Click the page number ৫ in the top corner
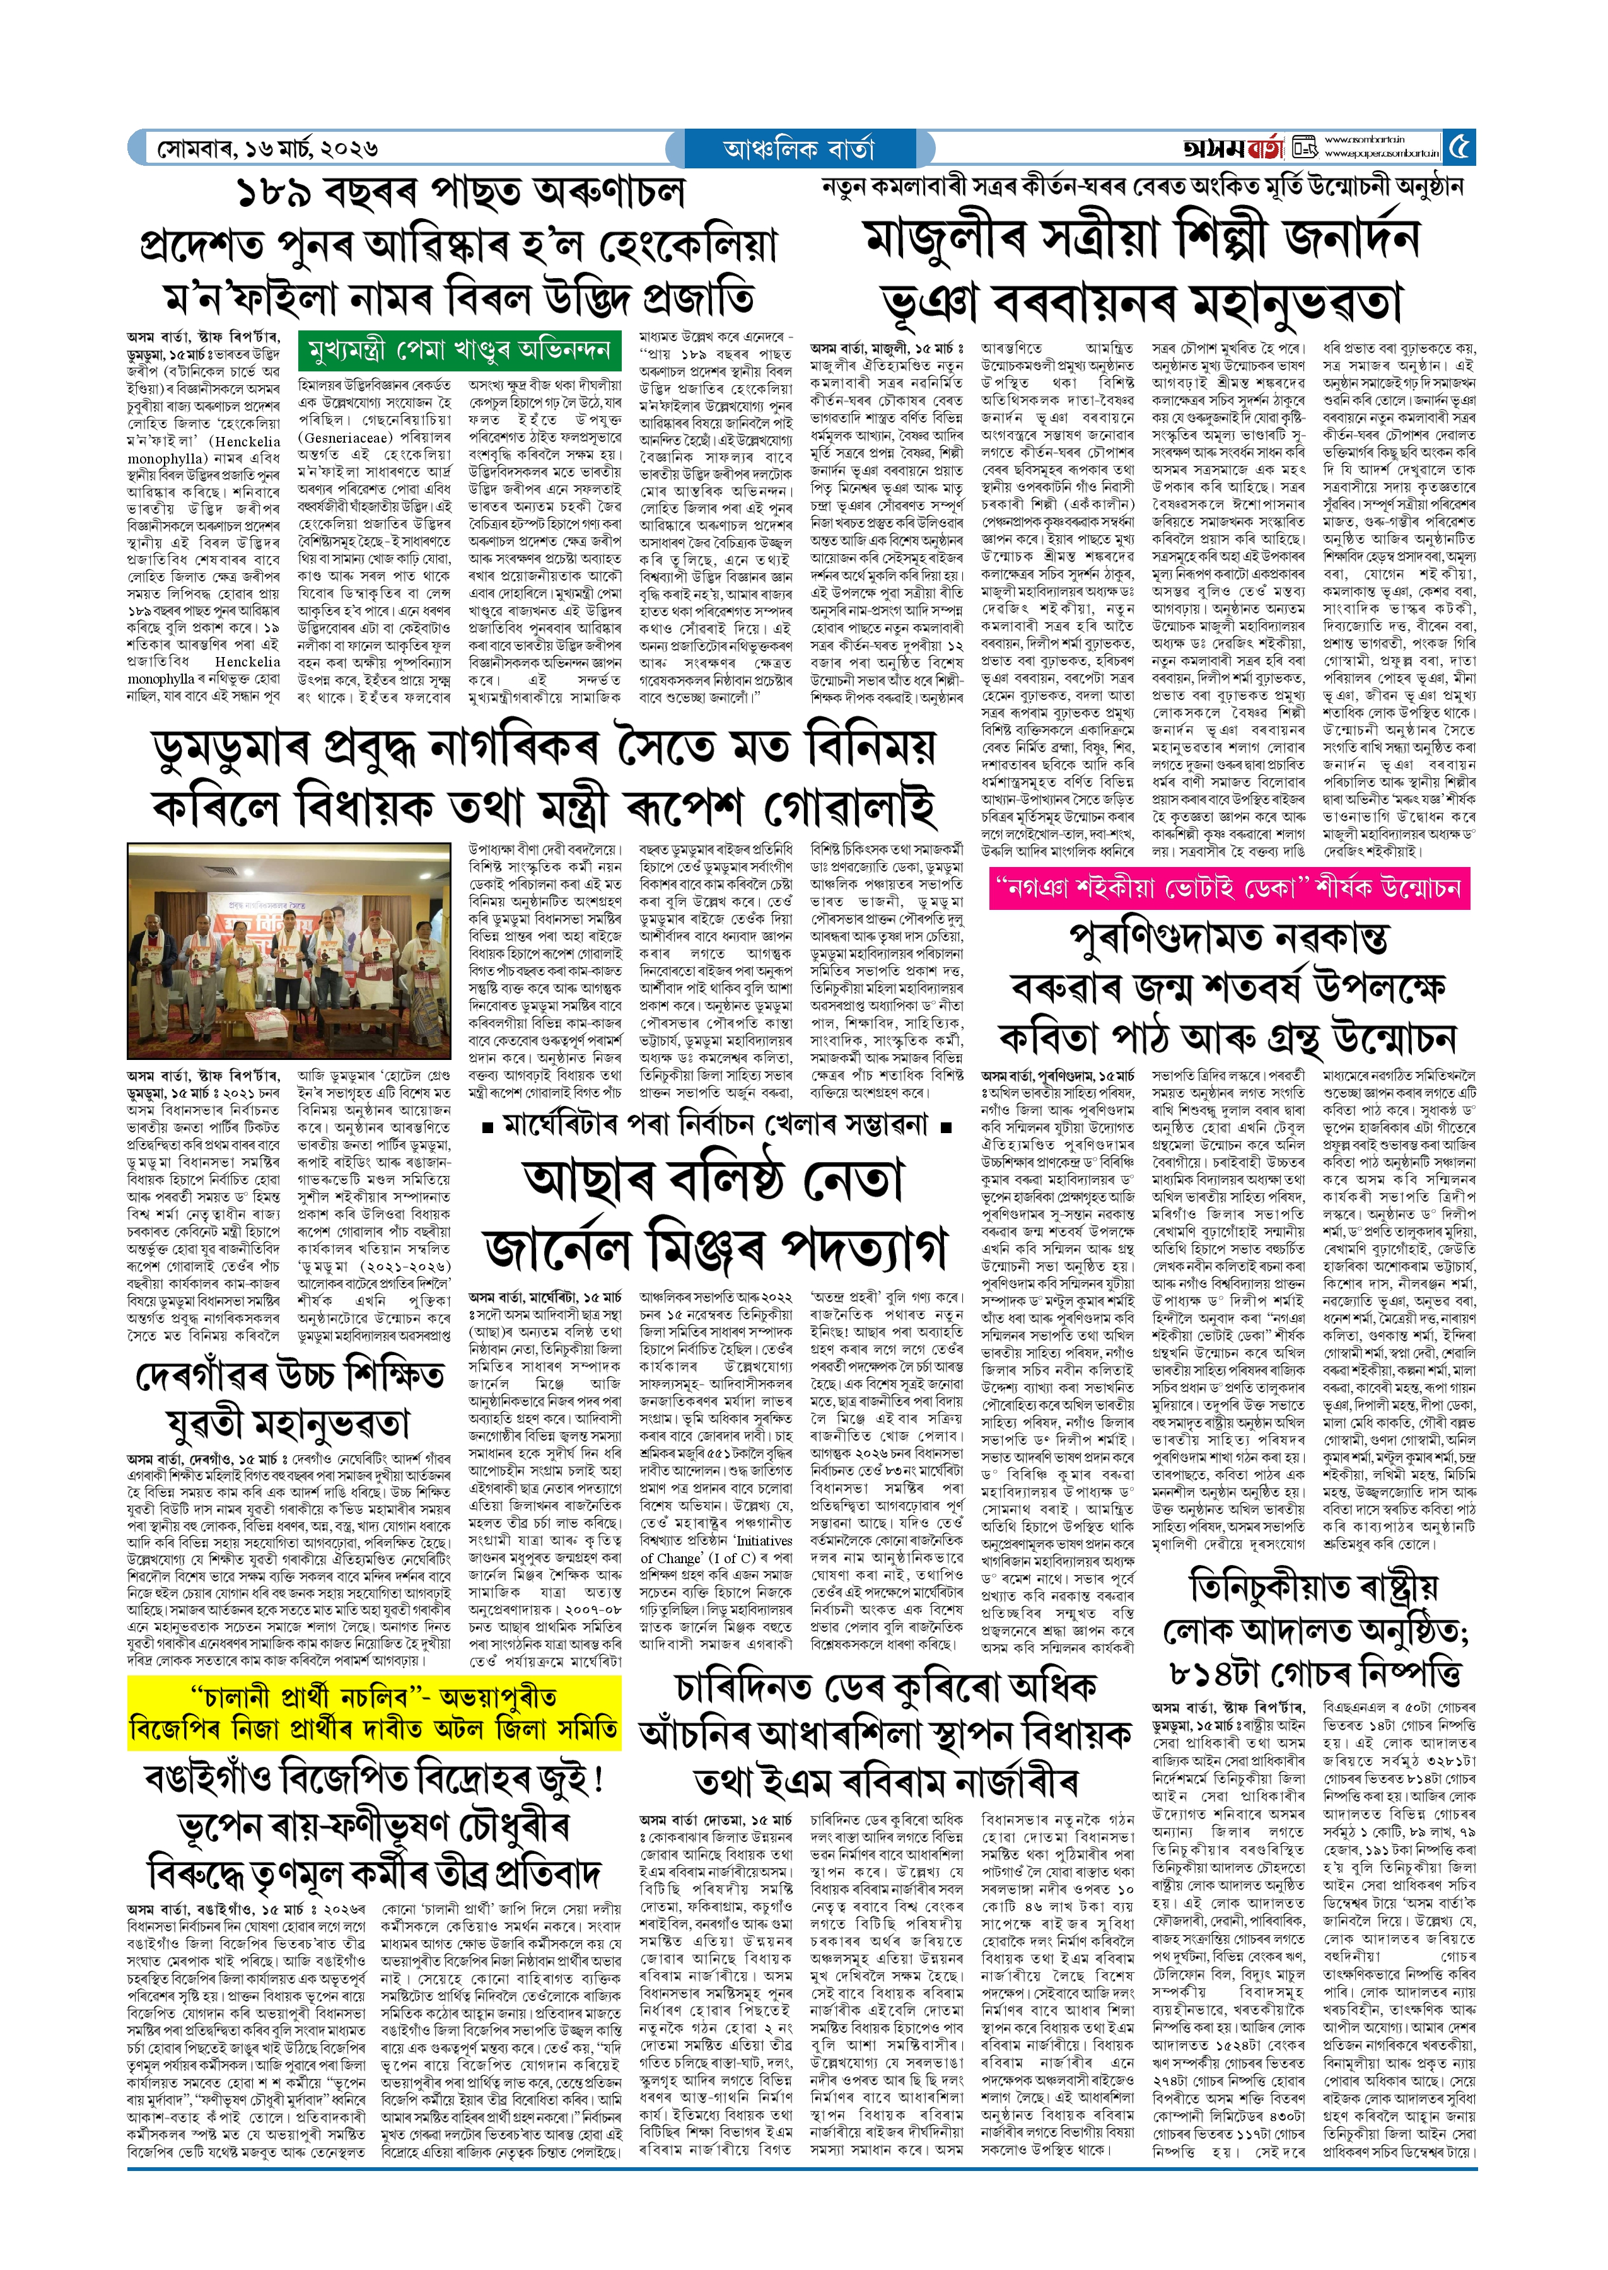[x=1459, y=148]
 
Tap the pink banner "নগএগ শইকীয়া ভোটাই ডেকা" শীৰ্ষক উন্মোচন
[x=1229, y=888]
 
